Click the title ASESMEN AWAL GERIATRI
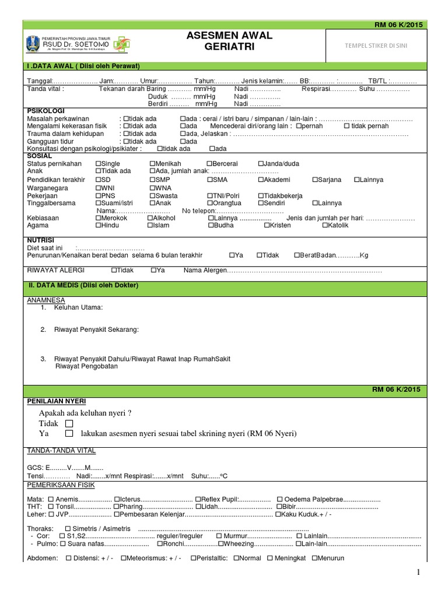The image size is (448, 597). tap(229, 41)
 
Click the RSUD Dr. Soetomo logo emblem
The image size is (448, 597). tap(32, 43)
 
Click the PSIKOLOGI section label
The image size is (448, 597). tap(46, 111)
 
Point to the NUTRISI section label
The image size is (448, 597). tap(41, 240)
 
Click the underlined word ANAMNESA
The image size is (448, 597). tap(46, 300)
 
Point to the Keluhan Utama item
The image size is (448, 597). tap(78, 307)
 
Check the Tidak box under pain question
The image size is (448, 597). tap(70, 423)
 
